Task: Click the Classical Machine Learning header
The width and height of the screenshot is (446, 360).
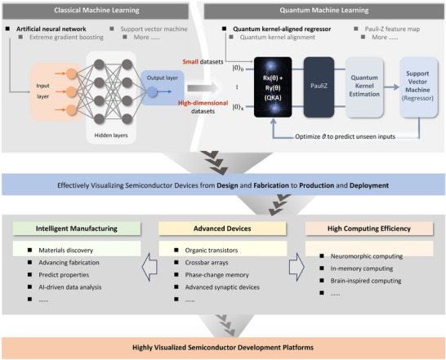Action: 96,11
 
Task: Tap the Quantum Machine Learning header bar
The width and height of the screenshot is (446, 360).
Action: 323,11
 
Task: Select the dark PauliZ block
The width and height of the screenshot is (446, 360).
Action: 319,87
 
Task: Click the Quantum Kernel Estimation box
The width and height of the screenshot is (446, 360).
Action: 364,87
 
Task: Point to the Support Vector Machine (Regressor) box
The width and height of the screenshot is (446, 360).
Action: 418,87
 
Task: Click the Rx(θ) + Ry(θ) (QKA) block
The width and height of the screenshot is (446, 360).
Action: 273,87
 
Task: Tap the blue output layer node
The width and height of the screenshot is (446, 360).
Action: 152,92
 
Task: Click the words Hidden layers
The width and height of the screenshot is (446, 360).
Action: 111,136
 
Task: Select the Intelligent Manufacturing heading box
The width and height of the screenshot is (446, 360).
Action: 77,229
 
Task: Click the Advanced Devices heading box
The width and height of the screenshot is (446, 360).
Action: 222,229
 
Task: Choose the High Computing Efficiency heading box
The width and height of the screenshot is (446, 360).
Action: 369,229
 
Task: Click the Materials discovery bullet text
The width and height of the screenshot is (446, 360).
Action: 66,251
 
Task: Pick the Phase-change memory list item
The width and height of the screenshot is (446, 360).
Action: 217,275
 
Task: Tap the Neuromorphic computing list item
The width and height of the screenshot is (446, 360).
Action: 367,256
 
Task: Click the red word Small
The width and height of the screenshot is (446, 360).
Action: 190,61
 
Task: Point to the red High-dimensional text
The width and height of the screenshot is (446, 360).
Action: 203,103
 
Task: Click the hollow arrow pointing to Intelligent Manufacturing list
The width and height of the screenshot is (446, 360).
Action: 149,267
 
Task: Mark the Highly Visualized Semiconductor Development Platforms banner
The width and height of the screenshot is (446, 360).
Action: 223,348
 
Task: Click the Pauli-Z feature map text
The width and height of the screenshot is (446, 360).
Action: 392,29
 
